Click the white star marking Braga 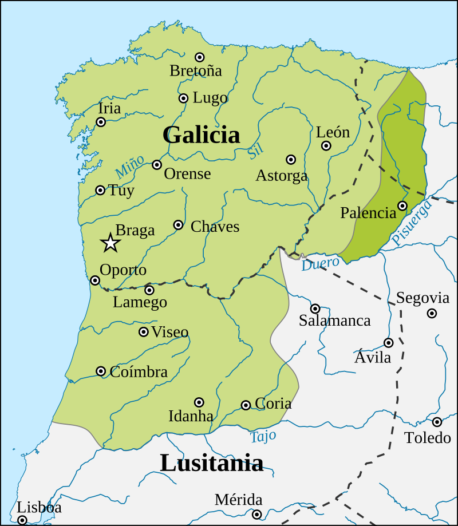coord(110,243)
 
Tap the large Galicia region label coord(201,135)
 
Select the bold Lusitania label coord(211,462)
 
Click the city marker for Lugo coord(183,98)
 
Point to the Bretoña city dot coord(200,57)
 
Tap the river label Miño coord(129,167)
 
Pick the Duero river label coord(320,263)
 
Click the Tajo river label coord(263,437)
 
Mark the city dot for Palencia coord(402,206)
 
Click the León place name coord(333,132)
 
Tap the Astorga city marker coord(291,160)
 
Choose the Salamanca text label coord(334,321)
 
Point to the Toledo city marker coord(437,422)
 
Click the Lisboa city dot coord(22,520)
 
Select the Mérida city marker coord(257,515)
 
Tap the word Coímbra coord(138,371)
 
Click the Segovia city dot coord(432,313)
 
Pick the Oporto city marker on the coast coord(95,280)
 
